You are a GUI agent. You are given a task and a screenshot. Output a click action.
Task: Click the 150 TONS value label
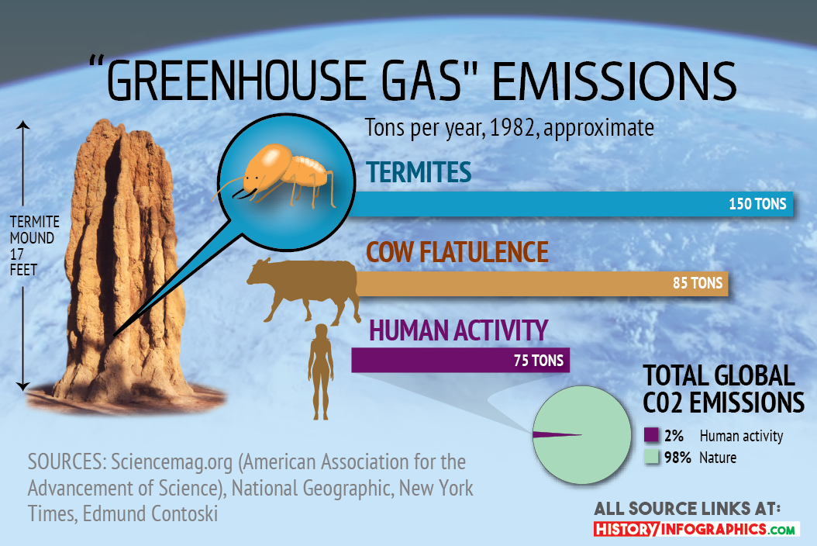(x=757, y=203)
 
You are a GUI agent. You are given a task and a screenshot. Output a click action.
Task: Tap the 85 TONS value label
(x=698, y=282)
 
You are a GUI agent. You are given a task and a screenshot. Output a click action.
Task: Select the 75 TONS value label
(x=539, y=361)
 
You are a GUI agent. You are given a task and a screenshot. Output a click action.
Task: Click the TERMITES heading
(x=419, y=172)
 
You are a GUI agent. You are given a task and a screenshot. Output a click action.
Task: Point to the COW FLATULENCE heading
(x=457, y=252)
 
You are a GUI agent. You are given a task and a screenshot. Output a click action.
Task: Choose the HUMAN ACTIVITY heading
(x=459, y=330)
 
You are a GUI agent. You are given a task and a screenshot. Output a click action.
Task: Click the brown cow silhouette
(x=305, y=290)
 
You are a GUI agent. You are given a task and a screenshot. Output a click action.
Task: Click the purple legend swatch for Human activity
(x=651, y=435)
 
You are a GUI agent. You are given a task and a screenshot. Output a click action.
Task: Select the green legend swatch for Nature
(x=651, y=457)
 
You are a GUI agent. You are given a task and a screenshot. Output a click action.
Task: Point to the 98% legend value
(x=677, y=458)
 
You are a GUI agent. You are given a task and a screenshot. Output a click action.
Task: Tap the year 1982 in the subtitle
(x=513, y=128)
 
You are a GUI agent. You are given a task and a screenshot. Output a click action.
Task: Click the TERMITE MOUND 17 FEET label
(x=34, y=246)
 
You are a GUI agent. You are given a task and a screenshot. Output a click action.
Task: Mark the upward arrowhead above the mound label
(x=23, y=125)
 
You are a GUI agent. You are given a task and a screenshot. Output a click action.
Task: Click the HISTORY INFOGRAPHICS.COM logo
(x=697, y=529)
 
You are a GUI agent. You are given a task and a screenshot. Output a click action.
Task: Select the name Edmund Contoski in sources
(x=150, y=513)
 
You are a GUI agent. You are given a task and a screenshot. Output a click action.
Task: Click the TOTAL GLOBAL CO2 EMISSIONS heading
(x=723, y=389)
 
